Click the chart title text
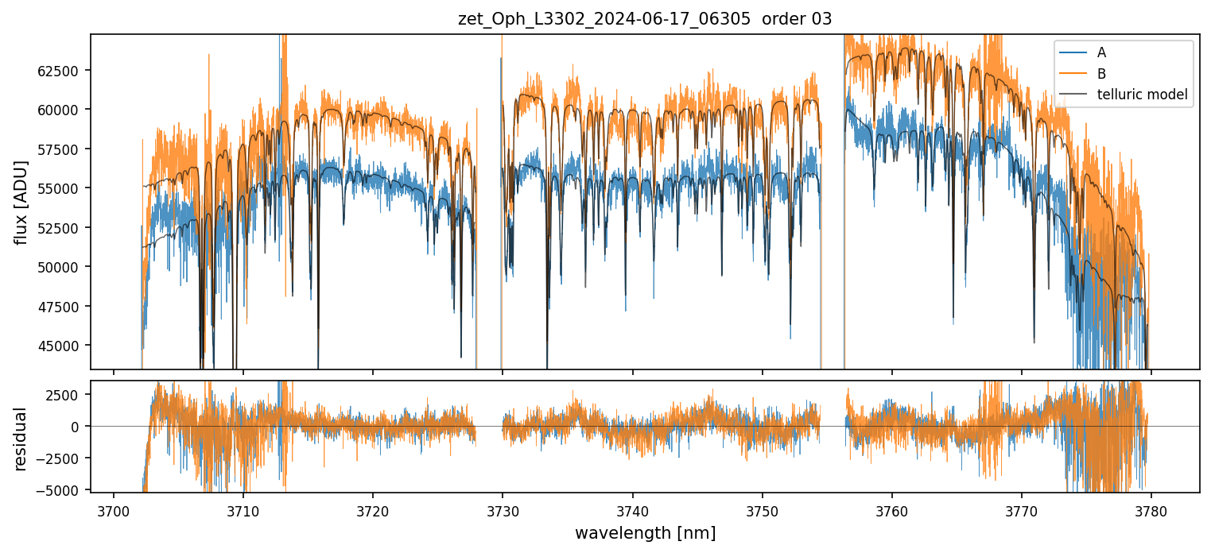point(645,19)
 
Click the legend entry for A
point(1101,53)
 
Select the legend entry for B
point(1101,74)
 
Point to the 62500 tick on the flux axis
point(63,71)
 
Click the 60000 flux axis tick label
point(63,110)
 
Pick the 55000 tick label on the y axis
point(63,188)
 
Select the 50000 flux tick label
point(63,267)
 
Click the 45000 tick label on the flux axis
point(63,346)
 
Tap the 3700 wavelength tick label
point(114,509)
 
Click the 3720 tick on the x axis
point(373,509)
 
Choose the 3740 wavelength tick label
point(632,509)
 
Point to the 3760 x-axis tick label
point(891,509)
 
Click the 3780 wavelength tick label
point(1151,509)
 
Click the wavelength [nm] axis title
point(645,532)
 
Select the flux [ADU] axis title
point(21,202)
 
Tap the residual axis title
point(21,439)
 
